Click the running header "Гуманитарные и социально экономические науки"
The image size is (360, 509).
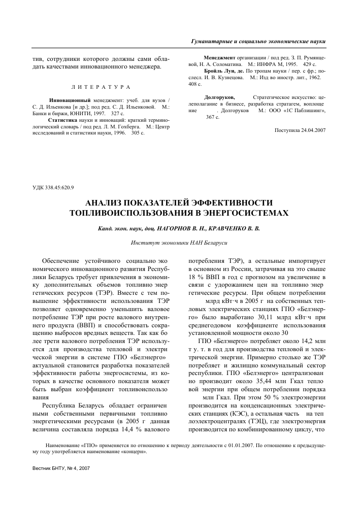point(258,41)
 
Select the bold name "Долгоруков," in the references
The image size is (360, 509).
point(219,96)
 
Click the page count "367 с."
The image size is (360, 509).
point(213,117)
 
